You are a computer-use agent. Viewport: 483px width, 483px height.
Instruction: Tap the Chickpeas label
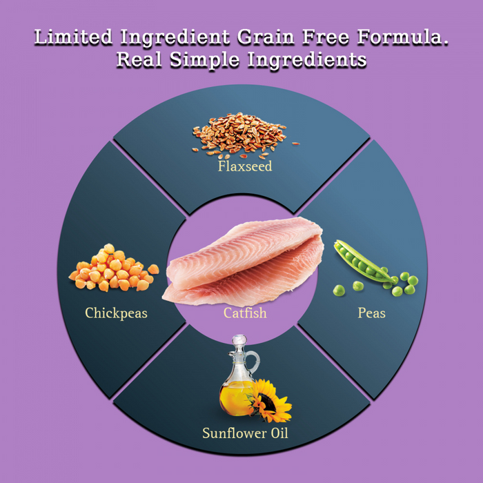point(116,313)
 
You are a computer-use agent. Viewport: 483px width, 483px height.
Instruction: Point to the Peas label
point(371,313)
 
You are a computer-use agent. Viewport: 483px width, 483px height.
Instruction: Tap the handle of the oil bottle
point(254,362)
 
